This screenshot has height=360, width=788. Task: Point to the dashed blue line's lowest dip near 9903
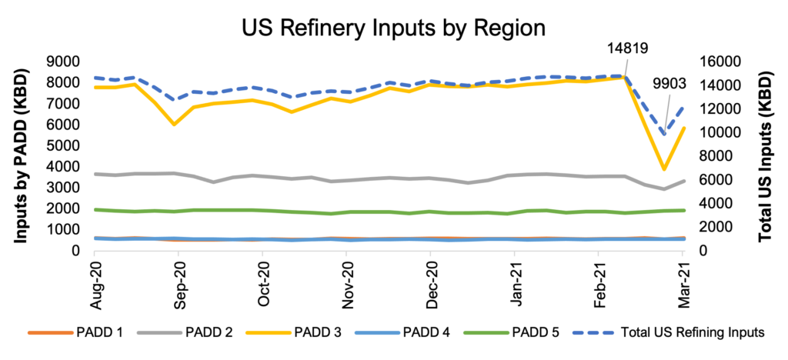click(663, 135)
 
